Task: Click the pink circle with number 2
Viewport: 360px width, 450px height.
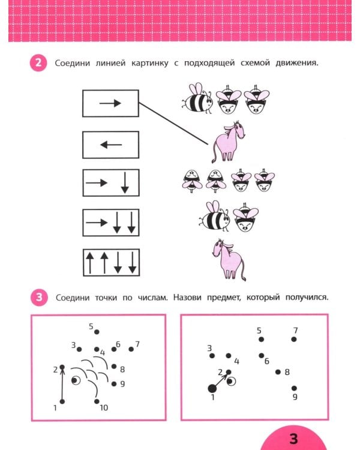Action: click(x=37, y=63)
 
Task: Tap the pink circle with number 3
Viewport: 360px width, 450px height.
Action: click(x=37, y=297)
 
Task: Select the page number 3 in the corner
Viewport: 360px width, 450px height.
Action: click(x=293, y=438)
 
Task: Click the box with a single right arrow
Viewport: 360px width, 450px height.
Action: click(x=110, y=103)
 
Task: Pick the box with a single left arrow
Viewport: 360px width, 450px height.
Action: click(x=110, y=145)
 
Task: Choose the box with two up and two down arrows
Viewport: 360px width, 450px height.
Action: click(x=110, y=262)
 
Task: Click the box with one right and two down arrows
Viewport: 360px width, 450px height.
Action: click(x=110, y=223)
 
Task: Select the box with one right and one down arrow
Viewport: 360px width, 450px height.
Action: click(x=110, y=183)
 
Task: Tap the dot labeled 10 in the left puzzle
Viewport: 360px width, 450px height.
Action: click(x=96, y=401)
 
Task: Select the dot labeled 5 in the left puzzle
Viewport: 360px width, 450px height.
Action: click(x=97, y=331)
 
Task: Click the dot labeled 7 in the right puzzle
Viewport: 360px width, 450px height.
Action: click(x=294, y=339)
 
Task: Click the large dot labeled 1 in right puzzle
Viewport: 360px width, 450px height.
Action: click(x=212, y=388)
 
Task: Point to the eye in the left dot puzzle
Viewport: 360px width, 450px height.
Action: click(x=76, y=380)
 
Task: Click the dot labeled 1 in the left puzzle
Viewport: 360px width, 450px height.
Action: click(x=62, y=401)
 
